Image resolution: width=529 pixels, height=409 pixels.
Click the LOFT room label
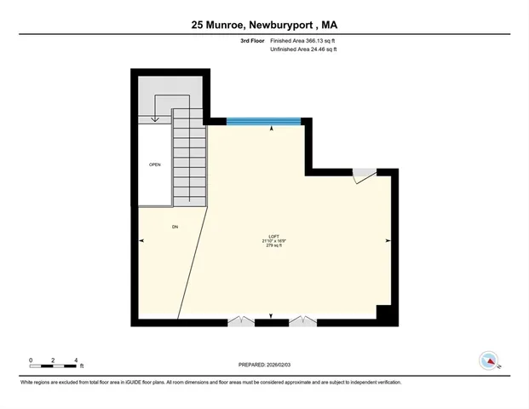pyautogui.click(x=273, y=236)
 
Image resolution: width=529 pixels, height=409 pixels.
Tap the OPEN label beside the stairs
pyautogui.click(x=154, y=164)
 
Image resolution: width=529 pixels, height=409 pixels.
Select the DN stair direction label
pyautogui.click(x=175, y=227)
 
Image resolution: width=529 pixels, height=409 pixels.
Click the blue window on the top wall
pyautogui.click(x=263, y=121)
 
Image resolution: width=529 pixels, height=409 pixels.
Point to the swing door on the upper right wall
pyautogui.click(x=364, y=175)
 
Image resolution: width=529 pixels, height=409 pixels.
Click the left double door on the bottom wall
pyautogui.click(x=241, y=321)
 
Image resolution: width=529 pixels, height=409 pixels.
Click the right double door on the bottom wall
pyautogui.click(x=302, y=321)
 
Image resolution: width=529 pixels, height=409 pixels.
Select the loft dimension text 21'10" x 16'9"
pyautogui.click(x=273, y=241)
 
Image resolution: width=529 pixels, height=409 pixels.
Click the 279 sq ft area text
pyautogui.click(x=273, y=246)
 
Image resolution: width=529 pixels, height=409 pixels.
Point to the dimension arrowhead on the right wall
pyautogui.click(x=388, y=241)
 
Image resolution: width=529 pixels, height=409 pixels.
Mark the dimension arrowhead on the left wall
pyautogui.click(x=141, y=241)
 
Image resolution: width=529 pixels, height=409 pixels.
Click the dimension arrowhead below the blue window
pyautogui.click(x=272, y=129)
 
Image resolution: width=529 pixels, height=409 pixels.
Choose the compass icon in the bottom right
pyautogui.click(x=488, y=360)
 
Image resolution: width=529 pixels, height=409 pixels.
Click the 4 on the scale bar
pyautogui.click(x=76, y=361)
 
